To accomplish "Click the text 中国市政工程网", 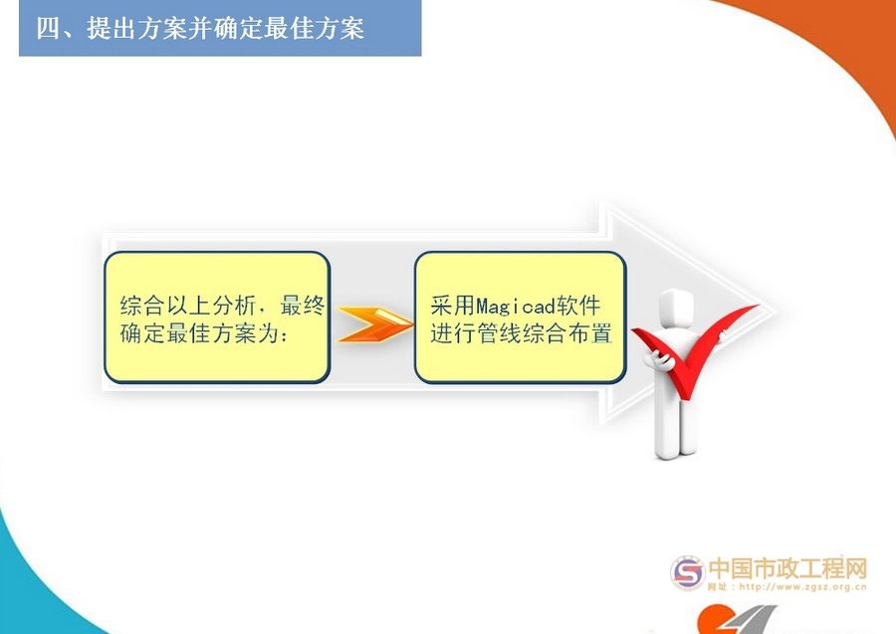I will click(786, 569).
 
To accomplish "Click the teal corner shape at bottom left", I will click(25, 587).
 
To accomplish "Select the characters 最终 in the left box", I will click(303, 305).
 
